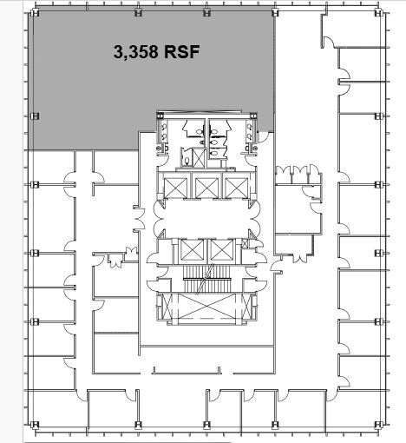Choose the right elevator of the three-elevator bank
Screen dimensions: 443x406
pyautogui.click(x=235, y=185)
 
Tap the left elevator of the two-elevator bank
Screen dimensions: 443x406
pyautogui.click(x=192, y=251)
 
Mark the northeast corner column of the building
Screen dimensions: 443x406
pyautogui.click(x=379, y=15)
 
